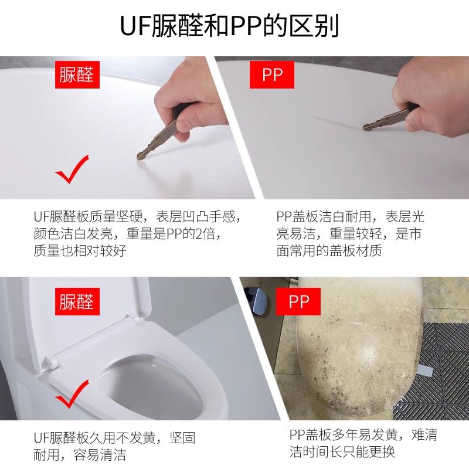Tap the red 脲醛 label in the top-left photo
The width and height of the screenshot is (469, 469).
[x=76, y=74]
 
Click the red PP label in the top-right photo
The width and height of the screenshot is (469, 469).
[x=271, y=75]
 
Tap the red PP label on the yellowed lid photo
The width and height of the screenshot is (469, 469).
[x=299, y=301]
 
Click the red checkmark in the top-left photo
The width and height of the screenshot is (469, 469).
[x=72, y=169]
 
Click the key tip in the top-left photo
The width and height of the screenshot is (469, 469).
[x=141, y=155]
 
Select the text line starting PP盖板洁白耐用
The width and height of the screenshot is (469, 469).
[x=350, y=216]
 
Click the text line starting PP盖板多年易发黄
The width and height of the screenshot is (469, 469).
[x=363, y=435]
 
